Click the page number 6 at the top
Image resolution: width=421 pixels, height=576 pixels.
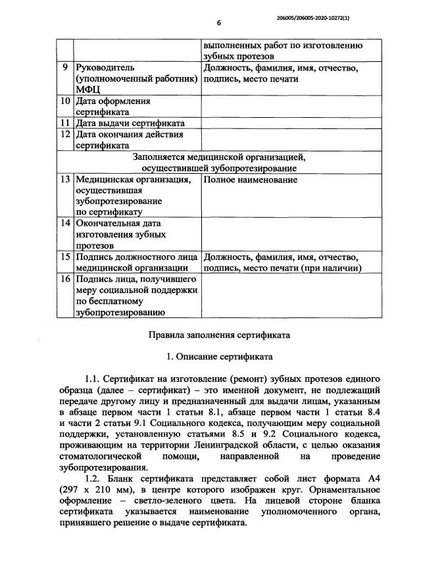pos(219,22)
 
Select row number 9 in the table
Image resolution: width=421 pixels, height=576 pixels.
pos(64,68)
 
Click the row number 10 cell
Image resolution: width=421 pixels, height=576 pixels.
pos(64,101)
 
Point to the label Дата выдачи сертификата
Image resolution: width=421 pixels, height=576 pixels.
pos(130,123)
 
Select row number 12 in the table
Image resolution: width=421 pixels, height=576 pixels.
pos(64,134)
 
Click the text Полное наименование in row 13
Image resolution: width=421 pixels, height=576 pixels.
pos(250,180)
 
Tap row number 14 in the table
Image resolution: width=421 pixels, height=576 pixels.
pos(64,223)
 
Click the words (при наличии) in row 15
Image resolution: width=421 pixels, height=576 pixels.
pos(329,268)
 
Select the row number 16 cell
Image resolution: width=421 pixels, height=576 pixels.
pos(64,279)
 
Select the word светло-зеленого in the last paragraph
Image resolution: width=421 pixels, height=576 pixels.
pos(147,499)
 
